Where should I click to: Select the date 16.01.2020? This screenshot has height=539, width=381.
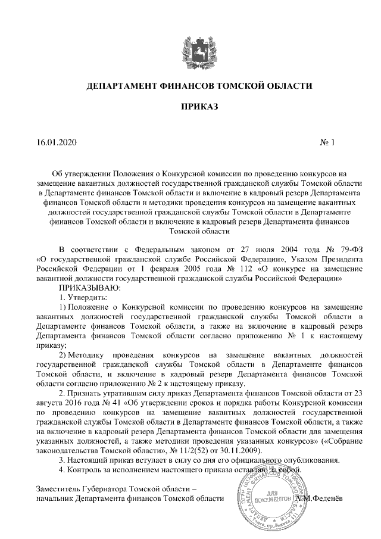pos(57,143)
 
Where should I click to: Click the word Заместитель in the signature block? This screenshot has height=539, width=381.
pos(60,489)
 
